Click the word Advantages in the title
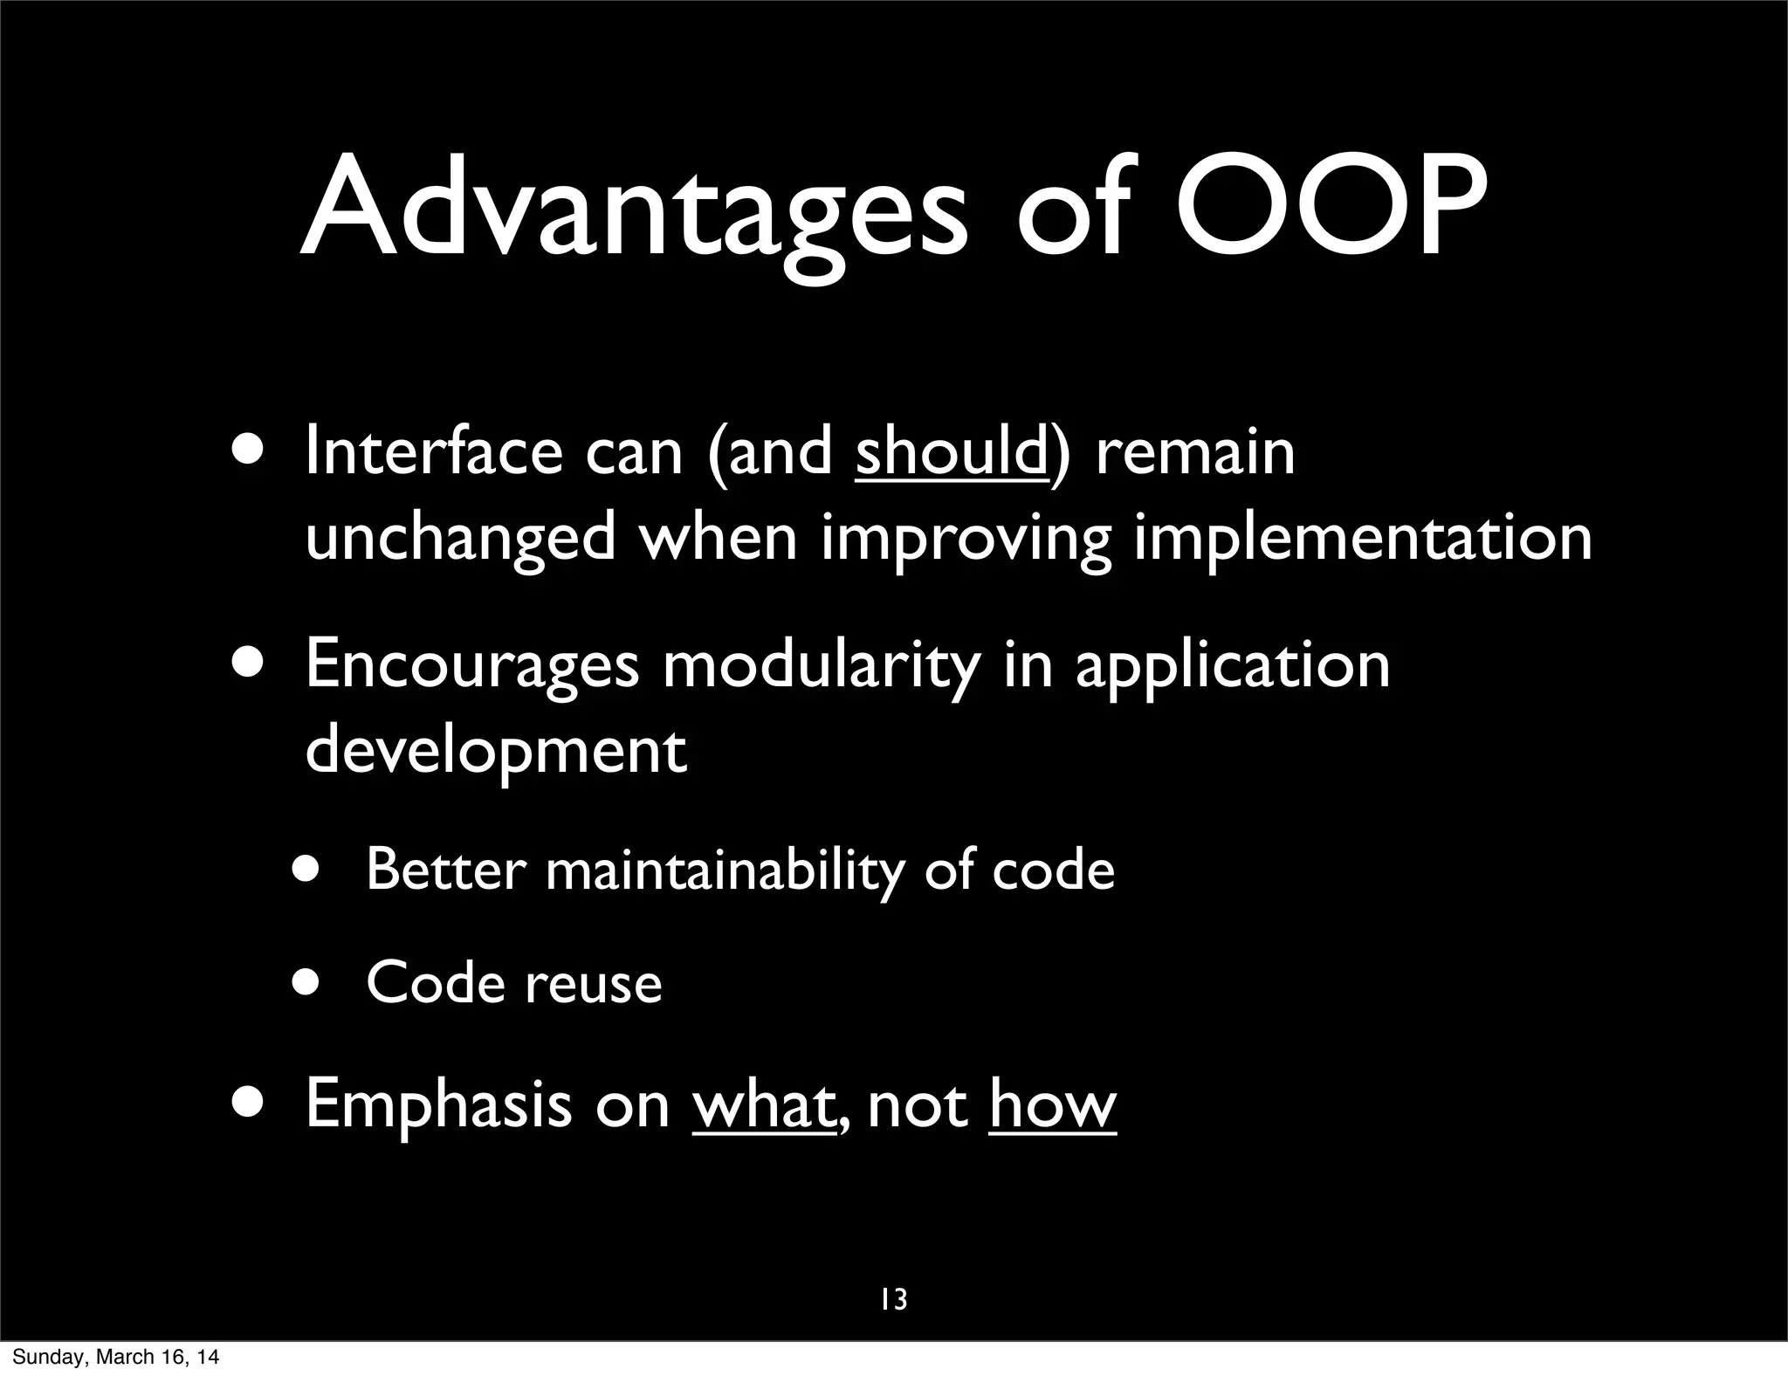point(634,210)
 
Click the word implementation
point(1363,540)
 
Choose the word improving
point(966,540)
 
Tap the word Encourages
point(472,665)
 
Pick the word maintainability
point(723,870)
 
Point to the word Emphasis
point(439,1104)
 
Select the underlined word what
point(763,1105)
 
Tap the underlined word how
point(1052,1105)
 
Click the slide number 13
point(893,1300)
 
